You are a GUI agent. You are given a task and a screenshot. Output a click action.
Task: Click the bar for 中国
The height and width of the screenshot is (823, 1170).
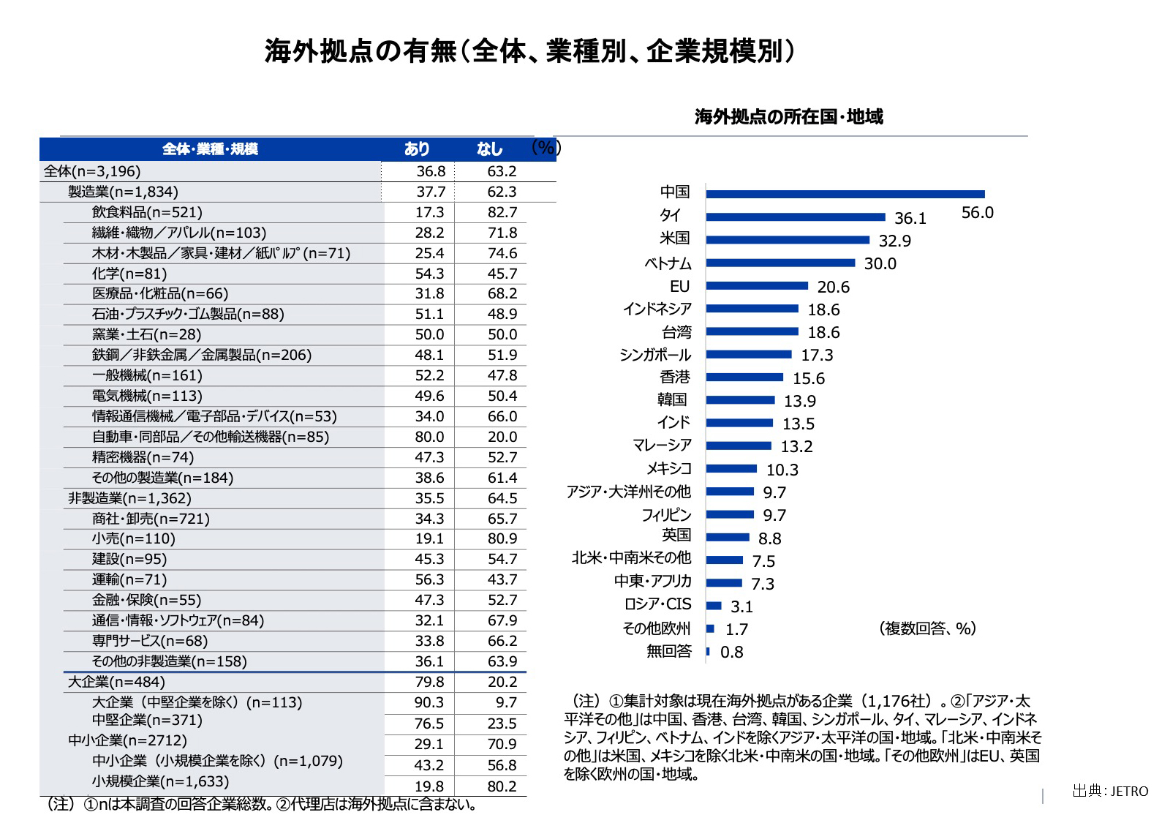[x=845, y=194]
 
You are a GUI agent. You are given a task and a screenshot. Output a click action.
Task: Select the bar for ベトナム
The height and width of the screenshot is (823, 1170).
[x=780, y=263]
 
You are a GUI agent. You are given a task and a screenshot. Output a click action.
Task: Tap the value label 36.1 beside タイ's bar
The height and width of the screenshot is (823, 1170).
[x=910, y=219]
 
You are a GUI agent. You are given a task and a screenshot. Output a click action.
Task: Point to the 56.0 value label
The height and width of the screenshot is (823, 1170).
[x=977, y=213]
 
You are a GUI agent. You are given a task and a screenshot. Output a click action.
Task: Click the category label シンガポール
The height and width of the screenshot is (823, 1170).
[x=654, y=355]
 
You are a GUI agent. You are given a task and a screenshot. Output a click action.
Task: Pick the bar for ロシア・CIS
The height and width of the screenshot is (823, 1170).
[x=714, y=606]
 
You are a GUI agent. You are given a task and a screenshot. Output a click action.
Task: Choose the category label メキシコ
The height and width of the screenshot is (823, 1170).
[x=668, y=469]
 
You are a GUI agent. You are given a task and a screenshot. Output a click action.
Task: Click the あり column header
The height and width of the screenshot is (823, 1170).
[x=417, y=149]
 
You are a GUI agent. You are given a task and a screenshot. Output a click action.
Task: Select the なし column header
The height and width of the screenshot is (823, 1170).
[x=489, y=149]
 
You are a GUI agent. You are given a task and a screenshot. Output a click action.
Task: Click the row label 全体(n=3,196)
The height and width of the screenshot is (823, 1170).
[x=92, y=171]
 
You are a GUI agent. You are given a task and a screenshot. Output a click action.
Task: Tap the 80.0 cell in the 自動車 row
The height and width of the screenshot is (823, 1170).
[x=429, y=437]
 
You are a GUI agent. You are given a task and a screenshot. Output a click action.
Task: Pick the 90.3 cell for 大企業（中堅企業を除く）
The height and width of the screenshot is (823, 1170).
[x=429, y=702]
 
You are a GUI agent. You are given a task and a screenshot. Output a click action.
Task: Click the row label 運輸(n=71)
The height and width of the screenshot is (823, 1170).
[x=129, y=579]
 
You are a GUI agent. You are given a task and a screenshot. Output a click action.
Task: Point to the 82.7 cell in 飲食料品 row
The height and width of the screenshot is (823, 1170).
[x=502, y=212]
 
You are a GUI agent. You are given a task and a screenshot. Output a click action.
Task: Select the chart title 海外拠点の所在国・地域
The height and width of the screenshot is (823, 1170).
[x=788, y=117]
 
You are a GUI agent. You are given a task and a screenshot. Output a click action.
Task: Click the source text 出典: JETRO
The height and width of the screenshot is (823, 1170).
[x=1110, y=791]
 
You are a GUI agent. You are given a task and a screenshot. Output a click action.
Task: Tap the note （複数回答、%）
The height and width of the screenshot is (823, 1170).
[x=927, y=628]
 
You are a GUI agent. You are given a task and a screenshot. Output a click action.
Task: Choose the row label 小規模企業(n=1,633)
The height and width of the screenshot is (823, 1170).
[x=160, y=781]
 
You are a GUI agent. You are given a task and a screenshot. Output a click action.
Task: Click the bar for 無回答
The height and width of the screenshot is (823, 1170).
[x=708, y=651]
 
